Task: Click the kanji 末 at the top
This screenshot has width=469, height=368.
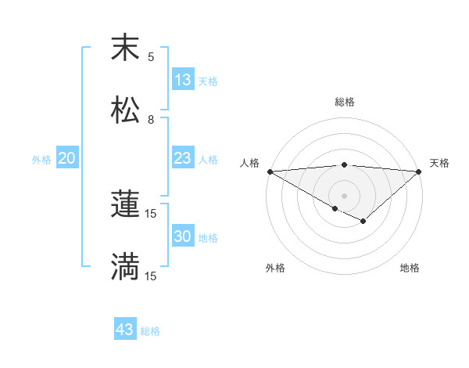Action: tap(125, 48)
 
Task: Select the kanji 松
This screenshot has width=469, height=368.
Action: tap(125, 110)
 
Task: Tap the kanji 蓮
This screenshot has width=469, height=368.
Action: tap(125, 204)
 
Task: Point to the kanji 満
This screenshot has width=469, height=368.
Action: tap(125, 267)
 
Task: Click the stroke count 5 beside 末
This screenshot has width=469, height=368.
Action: tap(151, 57)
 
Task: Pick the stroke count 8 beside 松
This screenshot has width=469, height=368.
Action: tap(151, 120)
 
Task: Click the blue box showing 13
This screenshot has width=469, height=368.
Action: tap(183, 80)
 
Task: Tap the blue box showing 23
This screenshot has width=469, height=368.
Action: tap(183, 158)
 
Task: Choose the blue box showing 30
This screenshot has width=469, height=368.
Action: tap(183, 236)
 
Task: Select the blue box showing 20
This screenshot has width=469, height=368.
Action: tap(67, 158)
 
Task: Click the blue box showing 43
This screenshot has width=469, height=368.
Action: tap(125, 330)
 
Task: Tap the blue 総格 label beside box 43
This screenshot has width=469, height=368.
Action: tap(150, 331)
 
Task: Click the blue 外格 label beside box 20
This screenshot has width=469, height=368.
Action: tap(41, 160)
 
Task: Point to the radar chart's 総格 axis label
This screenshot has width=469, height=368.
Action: tap(344, 102)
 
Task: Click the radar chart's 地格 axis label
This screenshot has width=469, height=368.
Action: tap(410, 268)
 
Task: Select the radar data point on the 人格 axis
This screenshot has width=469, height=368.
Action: tap(269, 171)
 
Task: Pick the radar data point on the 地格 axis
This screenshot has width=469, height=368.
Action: tap(363, 222)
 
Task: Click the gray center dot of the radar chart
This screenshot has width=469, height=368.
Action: tap(344, 195)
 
